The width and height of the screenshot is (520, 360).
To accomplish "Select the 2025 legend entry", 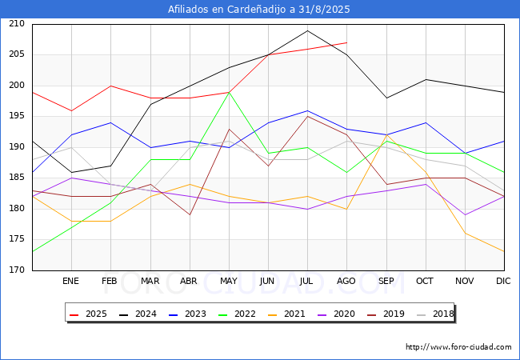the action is pos(89,314).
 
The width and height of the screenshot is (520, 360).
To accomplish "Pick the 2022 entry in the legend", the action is pos(237,314).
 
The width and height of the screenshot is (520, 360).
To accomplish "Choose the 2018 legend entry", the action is pos(435,314).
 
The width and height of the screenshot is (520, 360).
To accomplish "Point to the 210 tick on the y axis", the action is pos(17,23).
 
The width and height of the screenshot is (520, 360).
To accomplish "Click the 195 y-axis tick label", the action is pos(17,116).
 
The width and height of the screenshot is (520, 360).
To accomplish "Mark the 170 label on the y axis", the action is pos(17,270).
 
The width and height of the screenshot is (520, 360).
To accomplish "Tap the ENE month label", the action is pos(70,281).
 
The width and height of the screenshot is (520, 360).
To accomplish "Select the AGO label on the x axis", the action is pos(346,281).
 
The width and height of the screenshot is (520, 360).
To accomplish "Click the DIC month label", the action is pos(503,281).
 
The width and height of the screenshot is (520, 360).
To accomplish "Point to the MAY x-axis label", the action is pos(229,281).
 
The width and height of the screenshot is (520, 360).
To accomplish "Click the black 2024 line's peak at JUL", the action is pos(307,30).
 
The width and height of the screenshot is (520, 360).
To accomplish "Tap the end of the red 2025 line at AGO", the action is pos(346,42).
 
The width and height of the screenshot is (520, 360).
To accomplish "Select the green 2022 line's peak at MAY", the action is pos(229,92).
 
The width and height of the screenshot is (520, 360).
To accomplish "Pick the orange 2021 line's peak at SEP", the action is pos(386,135).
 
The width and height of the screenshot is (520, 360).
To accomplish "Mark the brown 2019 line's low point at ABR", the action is pos(190,215).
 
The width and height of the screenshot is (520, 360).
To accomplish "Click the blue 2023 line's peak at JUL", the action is pos(307,110).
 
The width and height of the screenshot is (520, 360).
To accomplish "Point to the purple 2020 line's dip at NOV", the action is pos(466,215).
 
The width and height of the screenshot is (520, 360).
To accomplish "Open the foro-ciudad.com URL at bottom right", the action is pos(458,346).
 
